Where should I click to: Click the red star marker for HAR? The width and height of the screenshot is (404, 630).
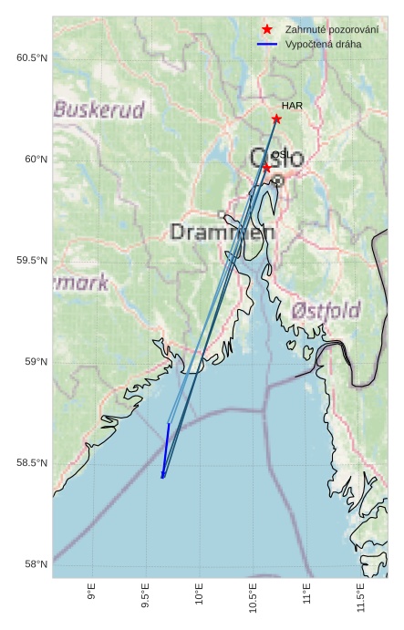point(276,119)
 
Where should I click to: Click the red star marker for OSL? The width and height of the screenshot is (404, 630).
point(266,168)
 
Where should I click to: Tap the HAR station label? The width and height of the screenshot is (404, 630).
point(292,106)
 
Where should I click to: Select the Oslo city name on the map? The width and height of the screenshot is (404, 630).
point(277,159)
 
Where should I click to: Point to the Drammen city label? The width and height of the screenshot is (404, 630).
point(223,232)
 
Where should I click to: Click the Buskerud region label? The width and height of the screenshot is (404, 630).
point(99,110)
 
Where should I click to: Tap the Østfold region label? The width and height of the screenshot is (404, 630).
point(326,310)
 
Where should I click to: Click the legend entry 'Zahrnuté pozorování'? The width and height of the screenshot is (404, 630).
point(331,29)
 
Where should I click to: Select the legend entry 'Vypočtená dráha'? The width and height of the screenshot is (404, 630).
point(323,44)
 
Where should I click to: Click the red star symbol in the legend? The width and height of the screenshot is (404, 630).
point(267,29)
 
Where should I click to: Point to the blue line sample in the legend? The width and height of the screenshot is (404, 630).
point(267,44)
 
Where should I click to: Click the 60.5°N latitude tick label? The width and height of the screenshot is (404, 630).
point(31,58)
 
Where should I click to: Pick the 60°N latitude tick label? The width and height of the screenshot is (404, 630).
point(36,160)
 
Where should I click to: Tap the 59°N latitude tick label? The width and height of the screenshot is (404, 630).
point(36,362)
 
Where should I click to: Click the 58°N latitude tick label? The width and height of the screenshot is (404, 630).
point(36,565)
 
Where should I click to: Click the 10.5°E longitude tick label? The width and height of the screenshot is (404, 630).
point(253,597)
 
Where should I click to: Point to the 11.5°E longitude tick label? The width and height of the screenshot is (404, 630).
point(360,597)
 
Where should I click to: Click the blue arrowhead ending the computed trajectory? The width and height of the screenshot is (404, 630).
point(163,474)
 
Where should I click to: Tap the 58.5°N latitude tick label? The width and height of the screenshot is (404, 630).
point(31,464)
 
